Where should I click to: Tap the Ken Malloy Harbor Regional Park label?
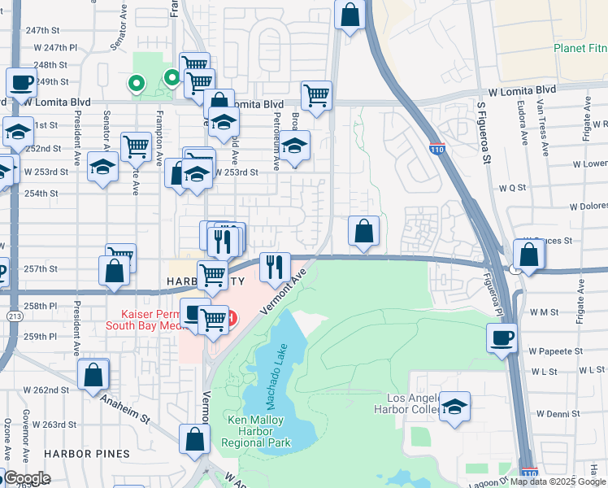[x=259, y=432]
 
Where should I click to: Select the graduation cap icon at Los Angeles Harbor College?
[x=455, y=406]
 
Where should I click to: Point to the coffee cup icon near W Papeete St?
[x=502, y=337]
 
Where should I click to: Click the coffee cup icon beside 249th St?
[x=21, y=82]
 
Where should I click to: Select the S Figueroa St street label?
[x=486, y=134]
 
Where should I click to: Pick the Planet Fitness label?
[x=580, y=48]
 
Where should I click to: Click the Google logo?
[x=27, y=478]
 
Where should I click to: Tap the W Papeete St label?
[x=557, y=351]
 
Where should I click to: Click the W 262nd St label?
[x=44, y=390]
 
